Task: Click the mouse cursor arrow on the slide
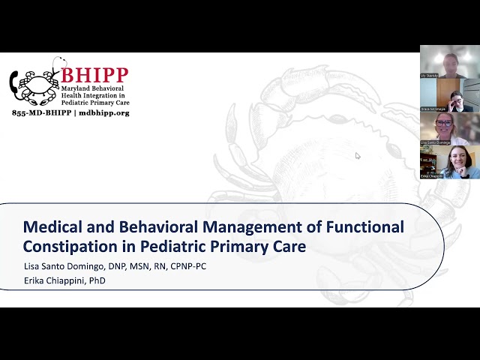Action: coord(358,155)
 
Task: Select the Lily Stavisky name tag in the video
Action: coord(430,76)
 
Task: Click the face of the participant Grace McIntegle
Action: coord(456,99)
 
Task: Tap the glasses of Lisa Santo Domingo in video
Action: coord(444,123)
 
